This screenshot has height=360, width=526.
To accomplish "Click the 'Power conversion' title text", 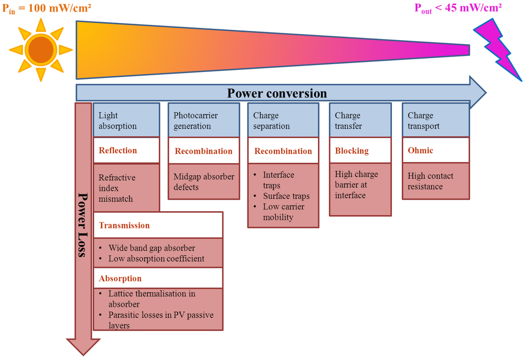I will click(x=277, y=93).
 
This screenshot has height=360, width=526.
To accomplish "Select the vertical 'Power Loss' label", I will click(x=82, y=225).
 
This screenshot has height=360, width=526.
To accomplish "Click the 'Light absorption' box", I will click(x=126, y=121).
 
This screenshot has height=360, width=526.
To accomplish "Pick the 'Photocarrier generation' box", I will click(x=203, y=121).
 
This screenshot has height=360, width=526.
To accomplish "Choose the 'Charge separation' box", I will click(x=283, y=121).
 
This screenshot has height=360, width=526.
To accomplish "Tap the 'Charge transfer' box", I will click(x=360, y=121).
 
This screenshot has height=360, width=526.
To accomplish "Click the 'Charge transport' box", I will click(x=435, y=121).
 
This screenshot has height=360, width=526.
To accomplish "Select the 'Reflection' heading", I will click(x=118, y=150).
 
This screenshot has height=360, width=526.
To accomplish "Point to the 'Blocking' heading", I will click(x=352, y=151).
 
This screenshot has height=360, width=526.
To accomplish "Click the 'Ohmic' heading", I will click(x=420, y=150).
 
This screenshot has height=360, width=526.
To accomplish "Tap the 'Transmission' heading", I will click(x=124, y=225).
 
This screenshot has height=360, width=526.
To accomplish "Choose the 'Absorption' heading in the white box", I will click(x=120, y=278).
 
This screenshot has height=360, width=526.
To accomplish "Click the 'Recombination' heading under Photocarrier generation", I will click(x=203, y=151).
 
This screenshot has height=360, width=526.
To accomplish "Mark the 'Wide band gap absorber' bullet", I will click(x=151, y=248).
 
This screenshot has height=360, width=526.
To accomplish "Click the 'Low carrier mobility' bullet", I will click(x=284, y=212).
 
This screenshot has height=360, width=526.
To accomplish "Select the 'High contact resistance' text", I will click(x=430, y=181).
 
